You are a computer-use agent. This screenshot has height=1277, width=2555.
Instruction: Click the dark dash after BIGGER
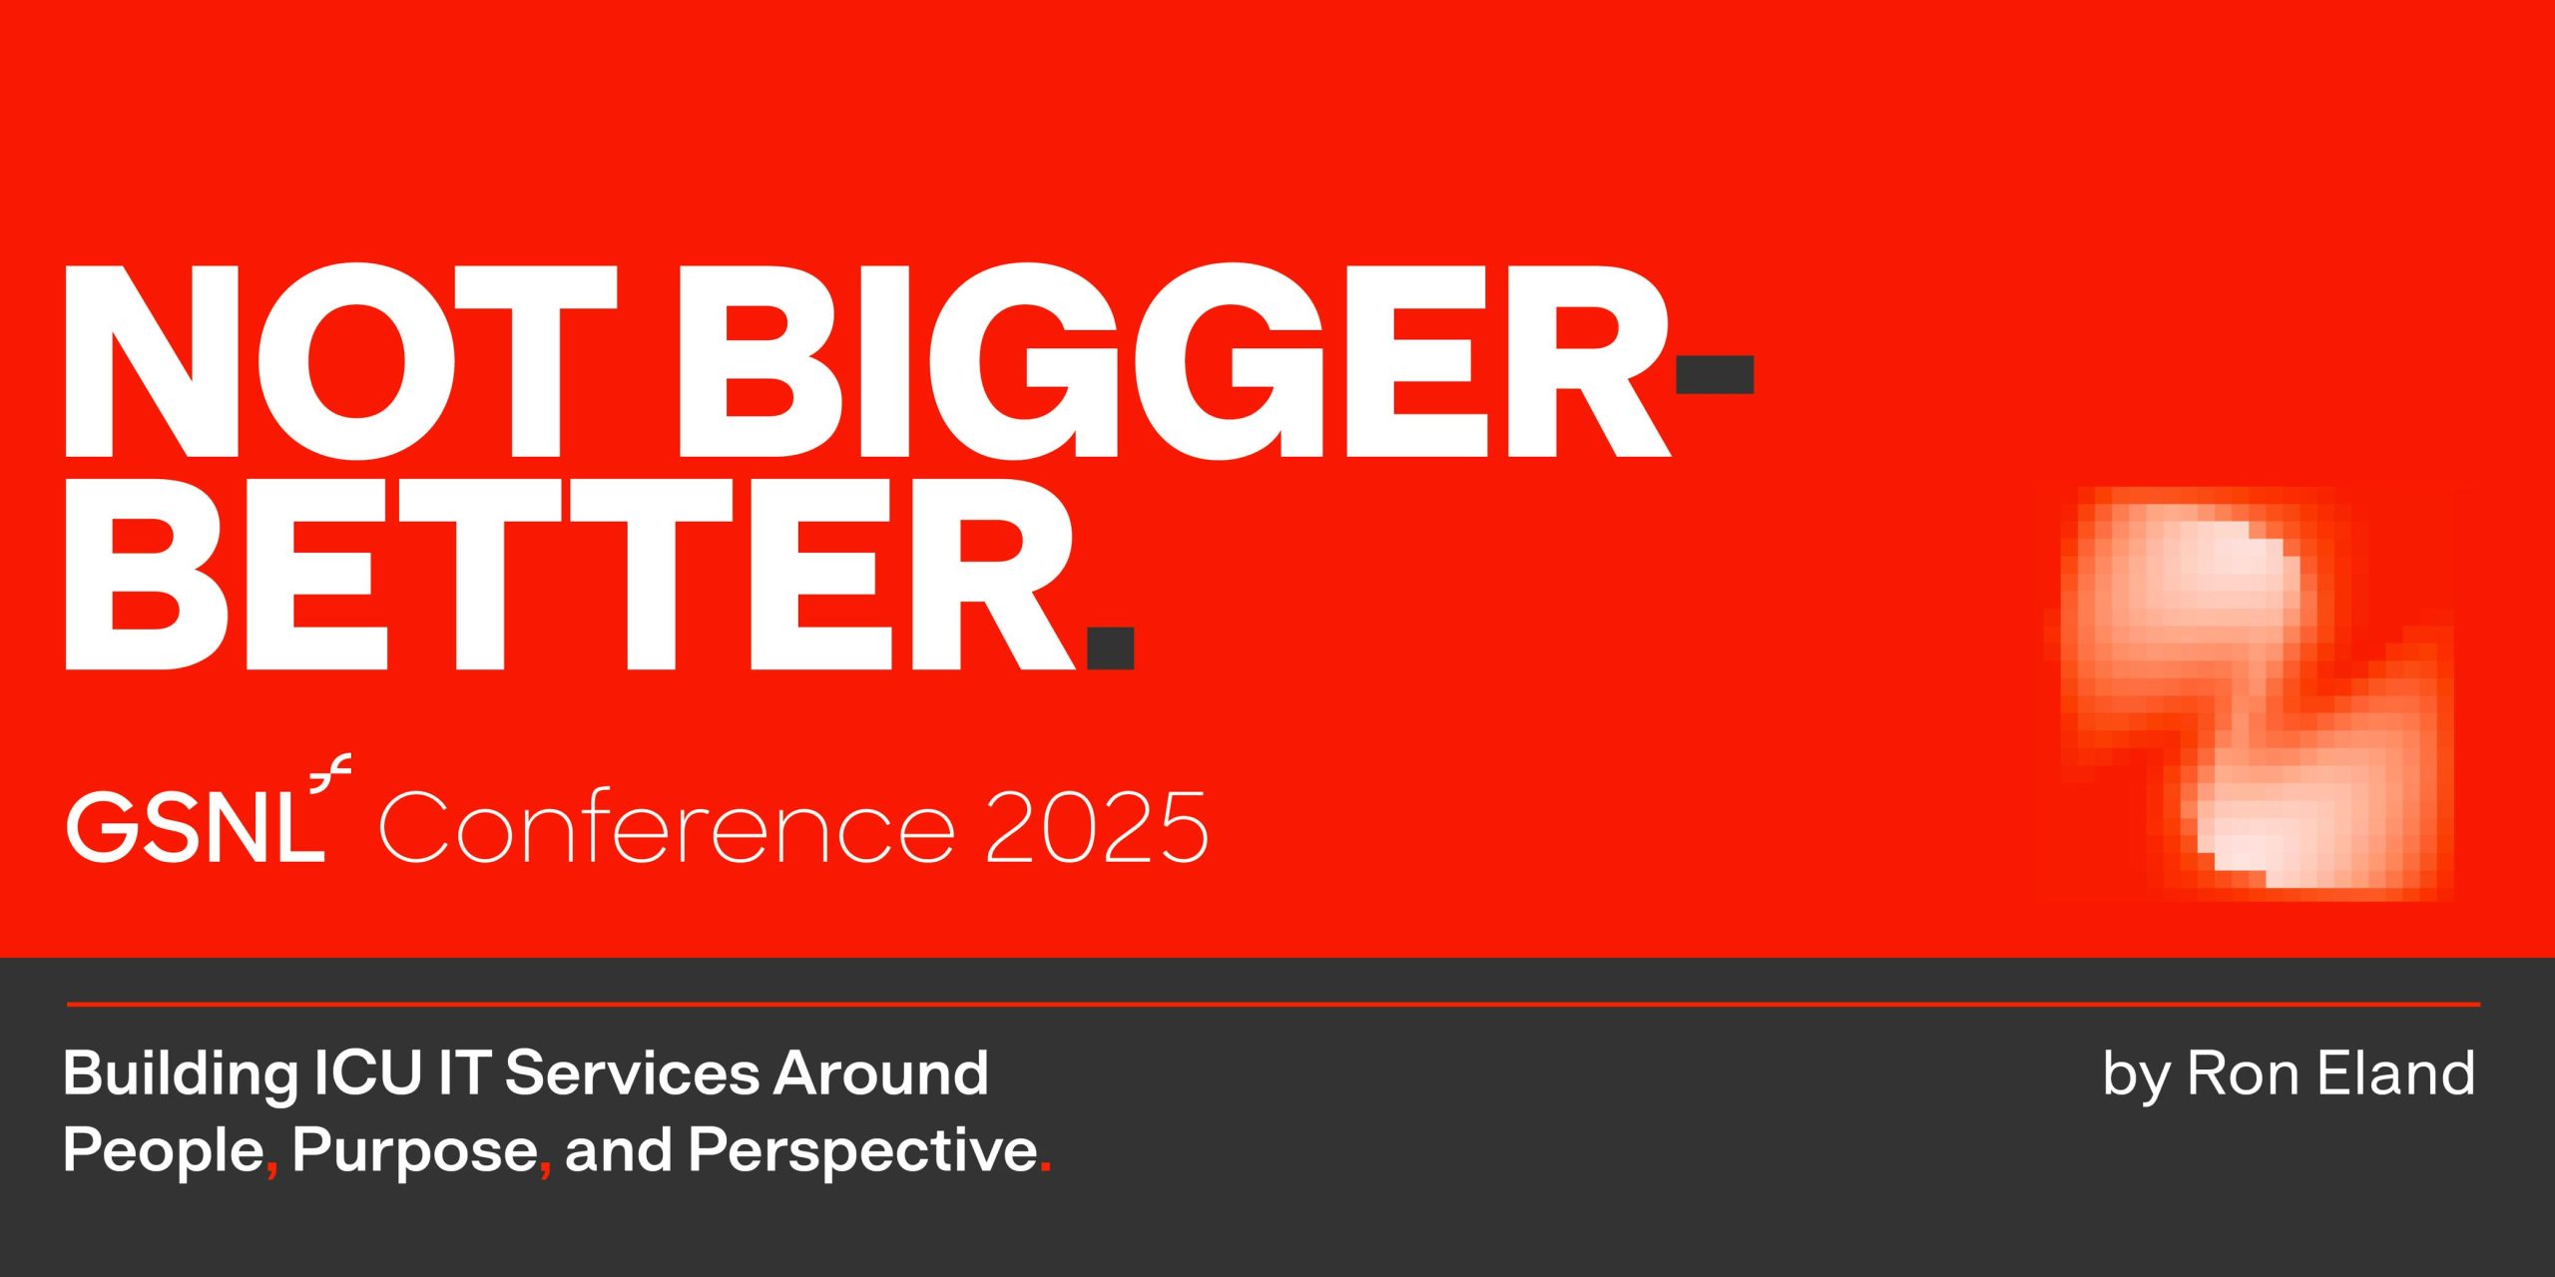point(1714,374)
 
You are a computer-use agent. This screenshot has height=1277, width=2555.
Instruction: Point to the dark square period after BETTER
point(1110,647)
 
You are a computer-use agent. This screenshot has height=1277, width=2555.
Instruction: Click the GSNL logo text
point(196,827)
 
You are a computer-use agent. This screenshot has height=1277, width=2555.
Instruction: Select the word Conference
point(666,827)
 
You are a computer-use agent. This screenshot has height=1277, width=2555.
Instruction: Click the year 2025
point(1097,827)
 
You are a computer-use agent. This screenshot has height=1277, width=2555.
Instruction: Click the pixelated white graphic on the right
point(2246,688)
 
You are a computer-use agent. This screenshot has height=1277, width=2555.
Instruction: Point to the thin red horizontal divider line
point(1273,1004)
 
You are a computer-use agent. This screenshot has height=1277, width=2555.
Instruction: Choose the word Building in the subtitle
point(180,1074)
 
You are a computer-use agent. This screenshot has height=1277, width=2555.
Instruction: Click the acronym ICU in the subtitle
point(366,1073)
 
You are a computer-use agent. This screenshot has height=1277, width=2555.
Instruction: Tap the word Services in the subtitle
point(632,1073)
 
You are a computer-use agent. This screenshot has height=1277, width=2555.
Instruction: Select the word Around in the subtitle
point(881,1073)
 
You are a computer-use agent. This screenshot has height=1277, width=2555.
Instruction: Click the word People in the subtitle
point(163,1150)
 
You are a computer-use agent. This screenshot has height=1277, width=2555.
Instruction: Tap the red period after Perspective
point(1045,1167)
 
